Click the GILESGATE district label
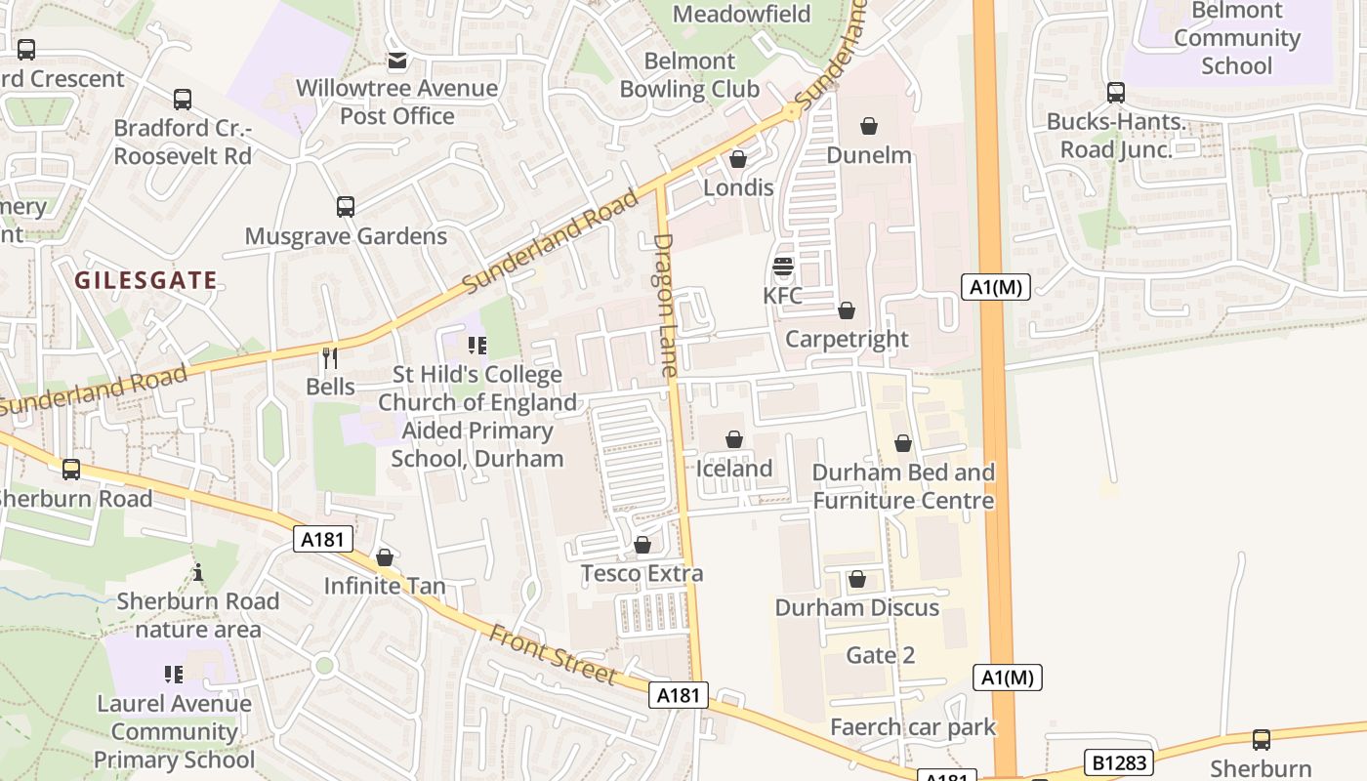click(145, 280)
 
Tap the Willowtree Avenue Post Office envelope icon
click(396, 62)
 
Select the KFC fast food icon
click(782, 267)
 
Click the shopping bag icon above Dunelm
click(869, 126)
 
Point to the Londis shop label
click(738, 187)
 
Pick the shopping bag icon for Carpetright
click(847, 310)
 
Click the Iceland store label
click(733, 469)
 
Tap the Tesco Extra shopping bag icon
click(642, 545)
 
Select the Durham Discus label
click(856, 607)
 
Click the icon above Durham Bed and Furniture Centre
click(903, 444)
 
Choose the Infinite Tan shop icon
click(385, 557)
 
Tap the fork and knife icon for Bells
click(330, 357)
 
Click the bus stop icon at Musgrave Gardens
click(346, 207)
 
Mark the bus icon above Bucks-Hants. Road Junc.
click(1115, 93)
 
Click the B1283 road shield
click(1119, 761)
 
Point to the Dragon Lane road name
click(666, 305)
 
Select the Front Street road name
click(553, 655)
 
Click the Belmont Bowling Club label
click(689, 75)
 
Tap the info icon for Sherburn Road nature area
click(198, 572)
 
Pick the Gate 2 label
click(881, 655)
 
